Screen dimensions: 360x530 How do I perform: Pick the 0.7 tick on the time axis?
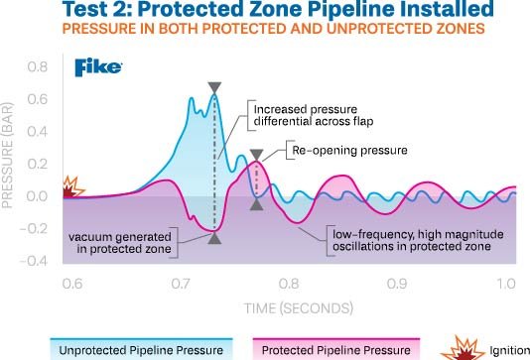[181, 284]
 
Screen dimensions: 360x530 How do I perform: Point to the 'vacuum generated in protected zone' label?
[120, 243]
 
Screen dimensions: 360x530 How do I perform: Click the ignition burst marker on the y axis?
[68, 186]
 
